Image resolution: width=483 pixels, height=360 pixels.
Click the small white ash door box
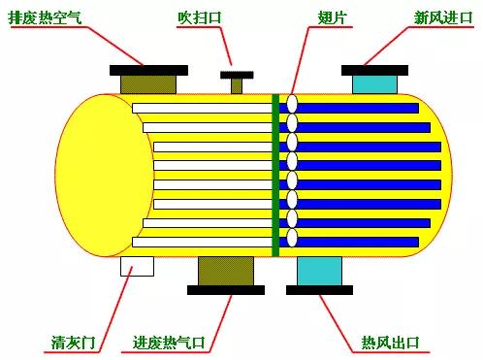138,267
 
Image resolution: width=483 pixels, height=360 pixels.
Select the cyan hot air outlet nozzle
319,271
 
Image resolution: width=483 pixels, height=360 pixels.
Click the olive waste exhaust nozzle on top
148,84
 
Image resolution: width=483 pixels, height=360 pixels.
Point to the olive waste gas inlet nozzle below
225,271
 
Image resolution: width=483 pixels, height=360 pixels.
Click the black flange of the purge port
237,75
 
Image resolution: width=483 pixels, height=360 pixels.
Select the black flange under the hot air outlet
319,289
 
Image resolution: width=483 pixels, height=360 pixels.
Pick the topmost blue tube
358,108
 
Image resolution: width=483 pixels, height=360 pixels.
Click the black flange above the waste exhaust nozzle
148,69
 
